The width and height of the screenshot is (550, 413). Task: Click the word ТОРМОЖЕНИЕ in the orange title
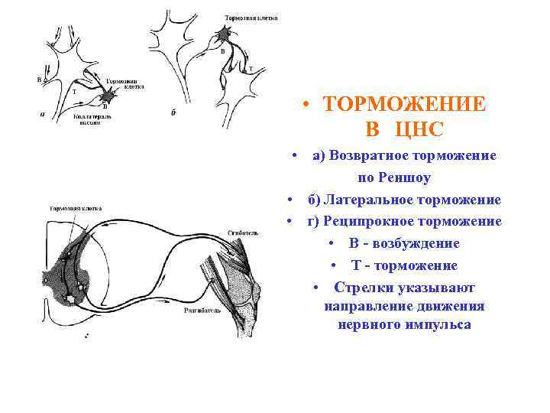404,104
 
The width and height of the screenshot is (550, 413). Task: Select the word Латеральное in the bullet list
362,200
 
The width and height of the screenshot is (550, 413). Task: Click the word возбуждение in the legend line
413,243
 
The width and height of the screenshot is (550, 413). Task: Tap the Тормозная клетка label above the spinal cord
76,208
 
